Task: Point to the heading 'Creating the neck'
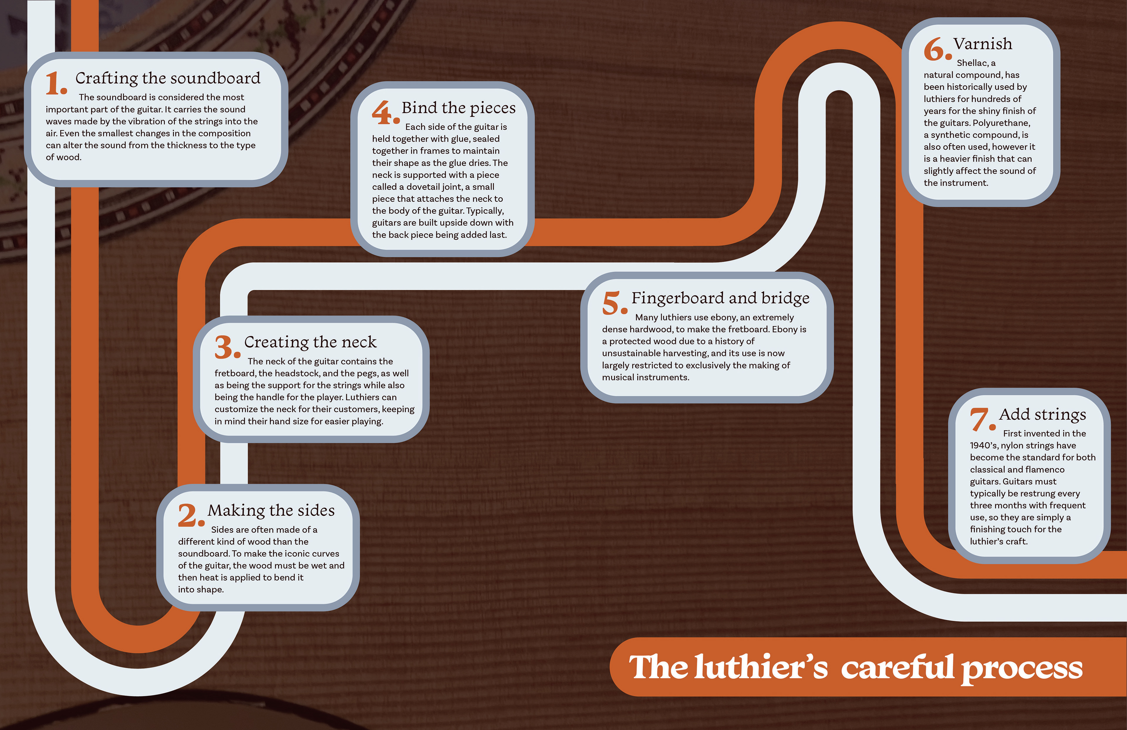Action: [x=310, y=342]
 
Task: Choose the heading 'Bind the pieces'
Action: [x=458, y=108]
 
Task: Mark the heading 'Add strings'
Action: [x=1042, y=415]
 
